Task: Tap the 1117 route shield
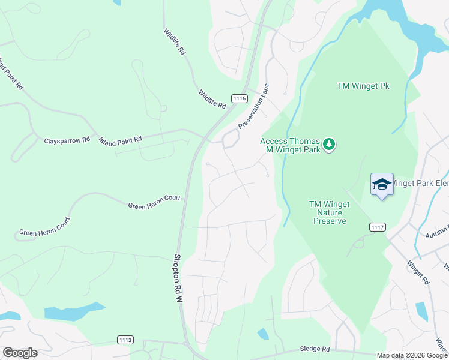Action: pyautogui.click(x=378, y=227)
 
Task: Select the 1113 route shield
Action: pyautogui.click(x=125, y=340)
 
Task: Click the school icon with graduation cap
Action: pyautogui.click(x=382, y=184)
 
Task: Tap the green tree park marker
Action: pyautogui.click(x=328, y=145)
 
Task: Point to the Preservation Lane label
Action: pyautogui.click(x=254, y=106)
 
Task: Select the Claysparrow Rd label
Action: pyautogui.click(x=67, y=140)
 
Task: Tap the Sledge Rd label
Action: pyautogui.click(x=315, y=349)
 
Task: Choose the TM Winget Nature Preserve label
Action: pyautogui.click(x=329, y=212)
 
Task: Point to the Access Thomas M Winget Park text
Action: pyautogui.click(x=290, y=145)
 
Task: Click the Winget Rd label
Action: pyautogui.click(x=418, y=271)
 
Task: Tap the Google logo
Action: pyautogui.click(x=20, y=353)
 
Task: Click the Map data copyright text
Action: pyautogui.click(x=412, y=355)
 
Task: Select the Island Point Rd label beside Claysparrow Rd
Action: pyautogui.click(x=120, y=140)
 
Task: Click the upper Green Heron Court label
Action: pyautogui.click(x=154, y=202)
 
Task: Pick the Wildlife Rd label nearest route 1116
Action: pyautogui.click(x=212, y=99)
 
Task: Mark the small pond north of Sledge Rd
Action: pyautogui.click(x=263, y=334)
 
